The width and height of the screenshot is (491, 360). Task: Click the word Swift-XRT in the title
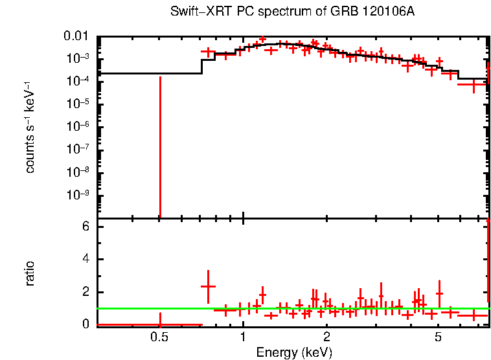coord(196,12)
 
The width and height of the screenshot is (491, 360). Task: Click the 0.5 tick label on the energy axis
coord(159,337)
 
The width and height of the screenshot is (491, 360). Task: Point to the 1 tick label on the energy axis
coord(243,337)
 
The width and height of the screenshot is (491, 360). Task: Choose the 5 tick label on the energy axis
coord(439,337)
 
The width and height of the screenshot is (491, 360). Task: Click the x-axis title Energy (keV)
coord(293,352)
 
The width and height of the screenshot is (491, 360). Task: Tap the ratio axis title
coord(30,274)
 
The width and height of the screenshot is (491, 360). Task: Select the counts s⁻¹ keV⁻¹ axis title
coord(30,130)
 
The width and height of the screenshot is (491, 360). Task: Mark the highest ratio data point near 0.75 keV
coord(208,286)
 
